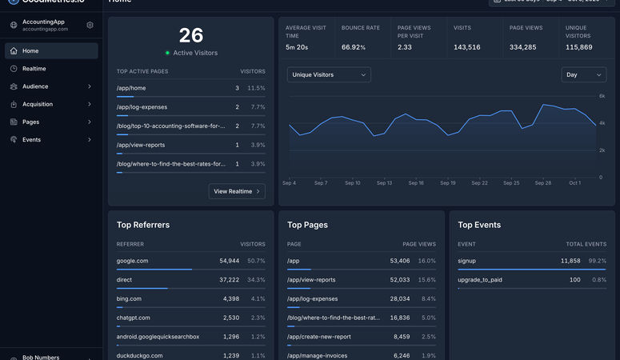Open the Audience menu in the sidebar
(35, 86)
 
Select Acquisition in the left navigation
(38, 104)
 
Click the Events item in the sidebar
(31, 139)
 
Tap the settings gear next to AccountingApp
(90, 25)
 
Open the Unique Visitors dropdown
(329, 74)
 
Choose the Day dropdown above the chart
(583, 74)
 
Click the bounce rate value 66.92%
(354, 47)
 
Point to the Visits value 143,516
(467, 47)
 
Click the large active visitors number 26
(191, 35)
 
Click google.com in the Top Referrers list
(132, 261)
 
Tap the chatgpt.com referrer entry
(133, 318)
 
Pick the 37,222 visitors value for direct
(229, 280)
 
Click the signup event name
(467, 261)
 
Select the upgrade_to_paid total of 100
(574, 280)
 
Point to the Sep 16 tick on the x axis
(416, 183)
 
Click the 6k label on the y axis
(602, 96)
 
